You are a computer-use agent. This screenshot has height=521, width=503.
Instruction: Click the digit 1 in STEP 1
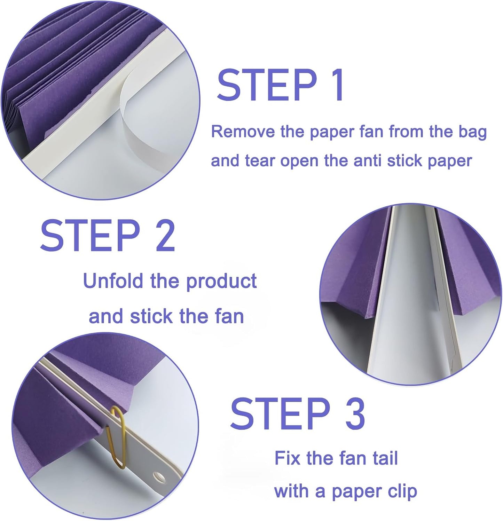pos(337,85)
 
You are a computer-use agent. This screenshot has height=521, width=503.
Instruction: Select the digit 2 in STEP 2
pos(165,235)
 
